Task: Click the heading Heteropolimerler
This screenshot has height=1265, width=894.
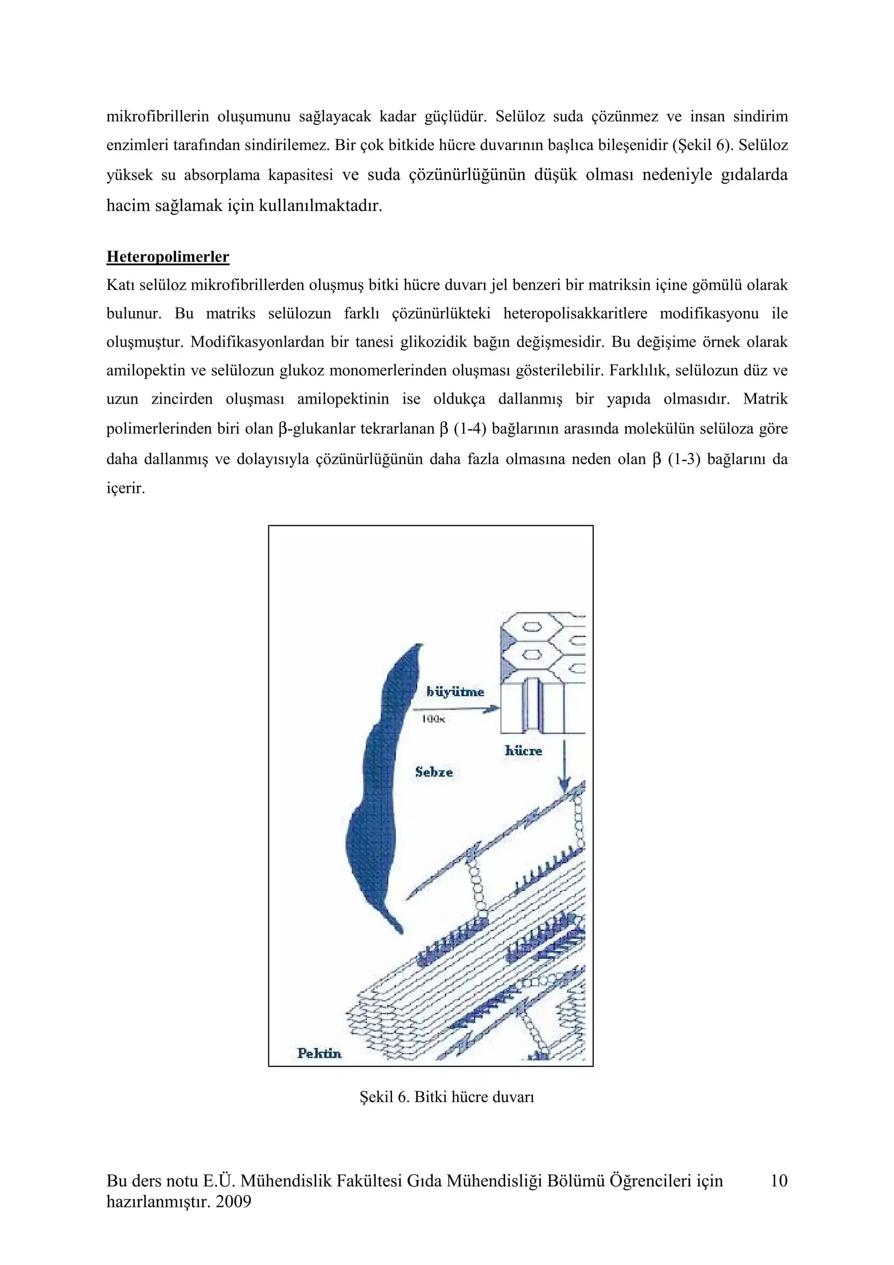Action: click(x=168, y=257)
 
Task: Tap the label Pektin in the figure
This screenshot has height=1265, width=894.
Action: click(x=319, y=1053)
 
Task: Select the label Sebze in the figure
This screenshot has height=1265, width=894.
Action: click(x=434, y=772)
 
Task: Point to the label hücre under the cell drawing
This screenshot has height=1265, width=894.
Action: click(x=523, y=750)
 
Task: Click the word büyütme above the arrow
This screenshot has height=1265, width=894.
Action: click(x=455, y=692)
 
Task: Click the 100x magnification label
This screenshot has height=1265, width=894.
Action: click(x=433, y=719)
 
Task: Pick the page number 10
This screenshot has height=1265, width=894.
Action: click(x=779, y=1181)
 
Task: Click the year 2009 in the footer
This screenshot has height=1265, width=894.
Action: click(x=233, y=1202)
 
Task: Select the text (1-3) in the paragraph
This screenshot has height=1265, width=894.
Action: click(x=684, y=459)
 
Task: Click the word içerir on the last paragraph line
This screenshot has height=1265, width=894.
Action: click(x=126, y=488)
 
